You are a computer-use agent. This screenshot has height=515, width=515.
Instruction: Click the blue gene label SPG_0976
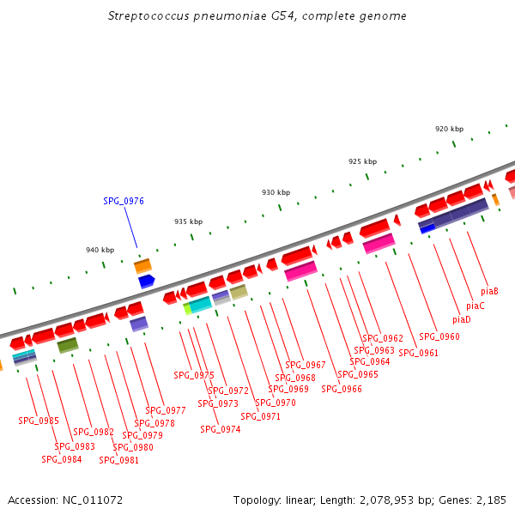click(124, 201)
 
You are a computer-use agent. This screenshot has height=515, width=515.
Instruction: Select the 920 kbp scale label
click(449, 129)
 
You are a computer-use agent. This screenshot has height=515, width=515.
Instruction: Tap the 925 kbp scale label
click(362, 161)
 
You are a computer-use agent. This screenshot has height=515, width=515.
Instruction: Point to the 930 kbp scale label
click(276, 192)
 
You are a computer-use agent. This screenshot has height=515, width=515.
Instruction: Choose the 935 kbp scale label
click(188, 221)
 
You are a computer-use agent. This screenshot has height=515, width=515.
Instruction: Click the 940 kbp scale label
click(100, 250)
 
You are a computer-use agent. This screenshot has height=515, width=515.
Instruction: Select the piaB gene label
click(490, 291)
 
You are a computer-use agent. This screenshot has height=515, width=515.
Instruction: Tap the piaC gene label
click(476, 306)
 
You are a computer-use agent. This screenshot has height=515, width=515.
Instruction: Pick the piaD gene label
click(461, 319)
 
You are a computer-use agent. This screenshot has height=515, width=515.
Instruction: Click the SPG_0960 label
click(439, 336)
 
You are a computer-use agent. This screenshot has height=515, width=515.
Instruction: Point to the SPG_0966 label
click(342, 389)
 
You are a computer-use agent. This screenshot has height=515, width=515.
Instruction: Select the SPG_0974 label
click(221, 429)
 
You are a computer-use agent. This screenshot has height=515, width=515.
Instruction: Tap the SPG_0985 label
click(39, 421)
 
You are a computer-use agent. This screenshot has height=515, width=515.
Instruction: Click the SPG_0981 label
click(118, 459)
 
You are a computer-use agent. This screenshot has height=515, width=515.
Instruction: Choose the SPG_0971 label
click(260, 416)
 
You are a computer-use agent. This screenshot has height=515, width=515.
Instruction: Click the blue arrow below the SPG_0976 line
click(146, 281)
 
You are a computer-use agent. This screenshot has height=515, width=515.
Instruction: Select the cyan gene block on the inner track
click(200, 304)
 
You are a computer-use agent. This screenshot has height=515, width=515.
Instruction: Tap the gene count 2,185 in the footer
click(490, 500)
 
